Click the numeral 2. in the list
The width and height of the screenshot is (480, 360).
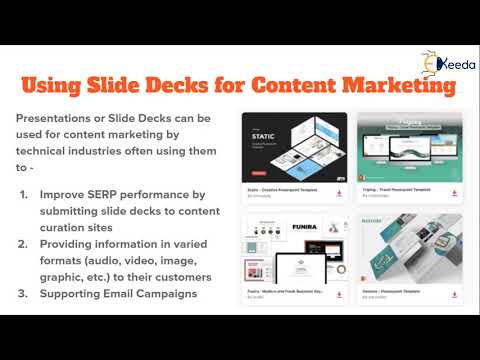click(x=24, y=243)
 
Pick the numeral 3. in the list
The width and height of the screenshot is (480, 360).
click(x=24, y=295)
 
